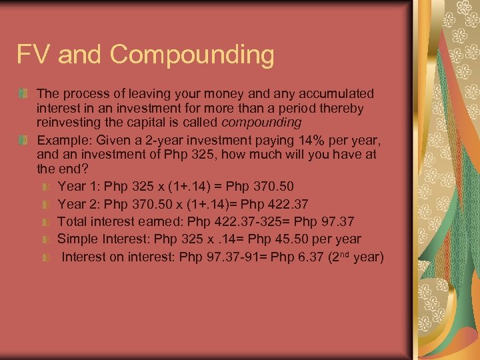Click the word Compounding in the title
coord(193,55)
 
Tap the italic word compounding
coord(261,123)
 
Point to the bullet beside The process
coord(24,93)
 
